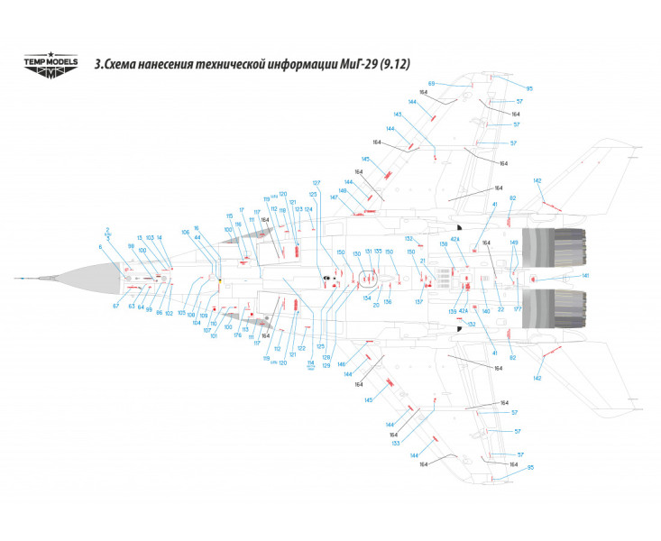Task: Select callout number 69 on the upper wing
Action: [x=431, y=83]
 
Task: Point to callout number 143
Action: [x=398, y=115]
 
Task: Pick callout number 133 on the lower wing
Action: [x=395, y=443]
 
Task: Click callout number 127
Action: [x=317, y=183]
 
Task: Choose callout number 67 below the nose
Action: [x=115, y=307]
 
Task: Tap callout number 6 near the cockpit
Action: [x=100, y=246]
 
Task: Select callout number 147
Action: [x=334, y=197]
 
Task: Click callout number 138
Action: [x=444, y=243]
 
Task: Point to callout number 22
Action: [x=500, y=309]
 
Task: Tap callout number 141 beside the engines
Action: [x=584, y=275]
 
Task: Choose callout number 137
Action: [x=418, y=302]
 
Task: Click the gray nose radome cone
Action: [x=90, y=279]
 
